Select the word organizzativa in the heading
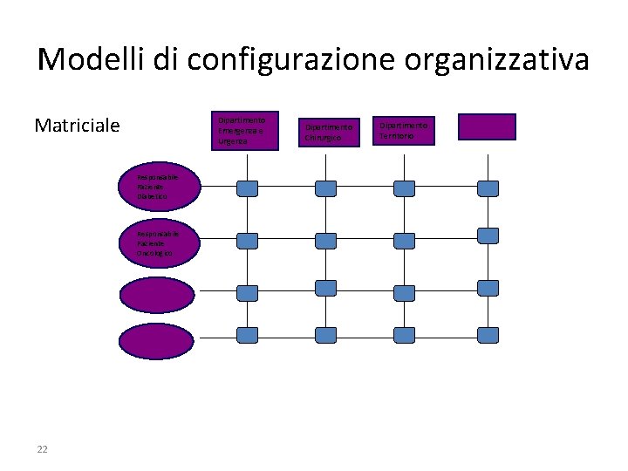coord(509,59)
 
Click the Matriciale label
coord(77,126)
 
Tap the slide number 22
coord(42,449)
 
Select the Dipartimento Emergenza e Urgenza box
coord(244,131)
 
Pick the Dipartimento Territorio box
coord(404,131)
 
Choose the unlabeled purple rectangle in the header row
coord(487,127)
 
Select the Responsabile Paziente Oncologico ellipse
coord(160,242)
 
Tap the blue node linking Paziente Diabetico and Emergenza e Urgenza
coord(248,188)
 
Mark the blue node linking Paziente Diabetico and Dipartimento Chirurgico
coord(325,188)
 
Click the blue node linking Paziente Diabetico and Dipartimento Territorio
coord(404,188)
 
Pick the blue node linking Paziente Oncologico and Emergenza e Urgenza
coord(248,241)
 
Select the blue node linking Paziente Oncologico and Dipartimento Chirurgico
coord(325,241)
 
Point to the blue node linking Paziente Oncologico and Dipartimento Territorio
coord(404,241)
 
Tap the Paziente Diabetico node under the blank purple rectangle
coord(488,188)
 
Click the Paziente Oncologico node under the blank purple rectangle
coord(488,235)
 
